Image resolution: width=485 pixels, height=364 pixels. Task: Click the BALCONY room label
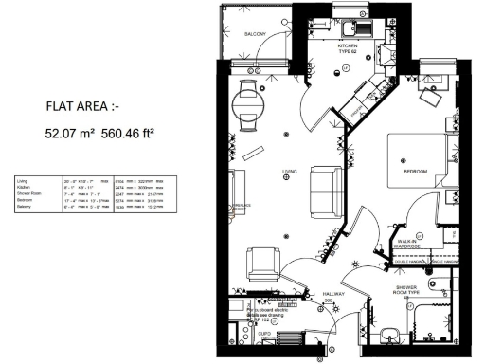coord(255,34)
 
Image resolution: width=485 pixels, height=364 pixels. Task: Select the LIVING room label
coord(290,171)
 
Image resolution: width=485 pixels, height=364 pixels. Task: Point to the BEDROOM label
coord(416,171)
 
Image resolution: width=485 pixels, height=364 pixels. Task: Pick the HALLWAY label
coord(333,295)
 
